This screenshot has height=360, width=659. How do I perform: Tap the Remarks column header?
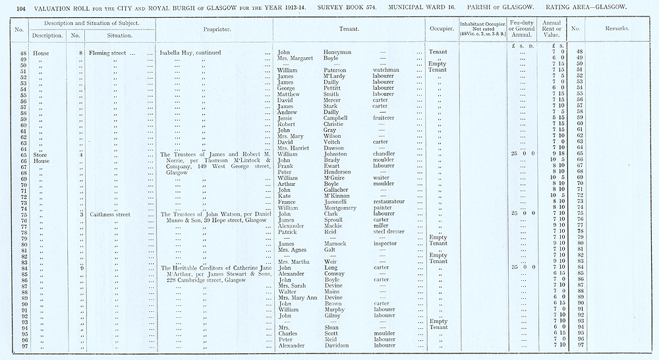[617, 29]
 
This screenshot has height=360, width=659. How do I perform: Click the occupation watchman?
[386, 70]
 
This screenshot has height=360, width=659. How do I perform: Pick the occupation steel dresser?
[388, 232]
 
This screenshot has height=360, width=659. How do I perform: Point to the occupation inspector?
[386, 244]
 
